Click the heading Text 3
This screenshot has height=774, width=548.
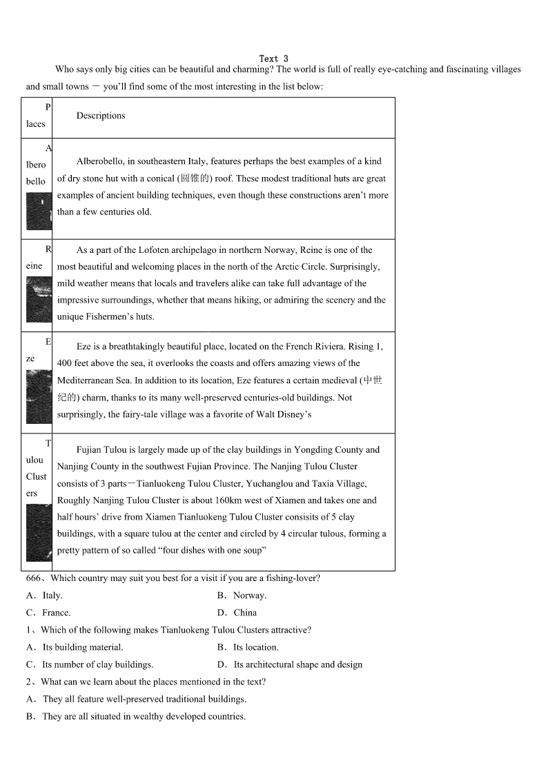(x=274, y=59)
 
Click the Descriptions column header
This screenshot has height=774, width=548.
(x=101, y=116)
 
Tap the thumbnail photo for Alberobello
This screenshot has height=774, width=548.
(x=39, y=211)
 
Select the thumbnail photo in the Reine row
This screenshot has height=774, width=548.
(x=39, y=299)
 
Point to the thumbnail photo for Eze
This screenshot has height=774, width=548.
(x=39, y=396)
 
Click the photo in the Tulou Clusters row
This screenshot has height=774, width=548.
(x=39, y=532)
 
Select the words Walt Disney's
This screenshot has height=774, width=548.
(x=283, y=414)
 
